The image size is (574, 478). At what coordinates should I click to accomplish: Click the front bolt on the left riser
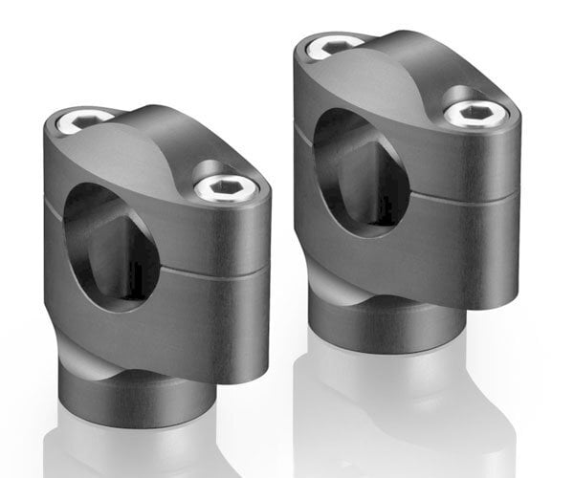[226, 187]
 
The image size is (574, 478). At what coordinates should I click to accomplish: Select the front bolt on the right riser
[475, 114]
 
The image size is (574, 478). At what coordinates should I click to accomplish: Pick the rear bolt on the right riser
[335, 45]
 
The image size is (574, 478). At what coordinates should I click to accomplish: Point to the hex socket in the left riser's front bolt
[227, 187]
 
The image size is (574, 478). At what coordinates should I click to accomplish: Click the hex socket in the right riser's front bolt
[476, 114]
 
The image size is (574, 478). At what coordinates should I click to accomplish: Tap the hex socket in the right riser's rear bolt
[335, 44]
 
